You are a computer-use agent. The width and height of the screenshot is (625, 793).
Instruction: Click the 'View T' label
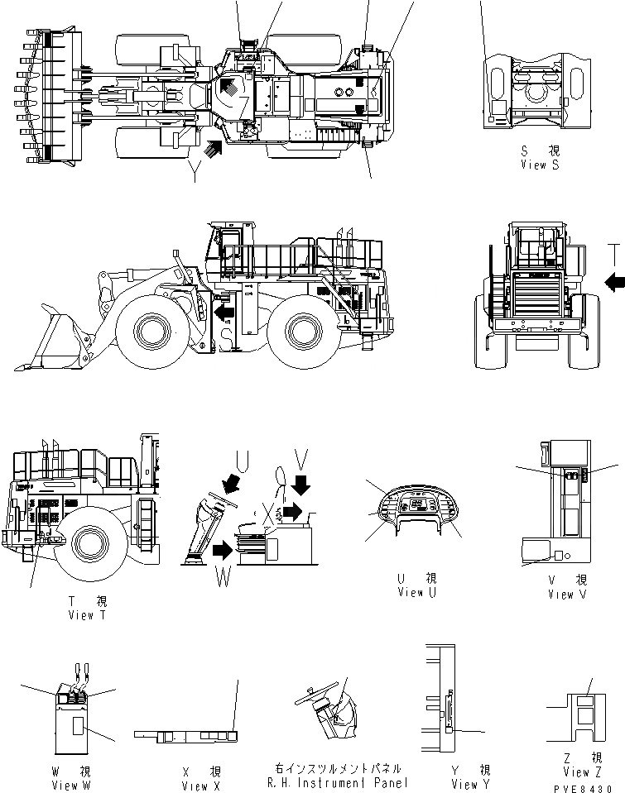pyautogui.click(x=87, y=615)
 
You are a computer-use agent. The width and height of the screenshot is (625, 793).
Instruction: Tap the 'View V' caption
pyautogui.click(x=566, y=594)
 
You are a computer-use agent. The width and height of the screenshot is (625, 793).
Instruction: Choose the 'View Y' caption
pyautogui.click(x=470, y=784)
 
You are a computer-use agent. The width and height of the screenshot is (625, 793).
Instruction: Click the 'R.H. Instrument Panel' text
pyautogui.click(x=338, y=783)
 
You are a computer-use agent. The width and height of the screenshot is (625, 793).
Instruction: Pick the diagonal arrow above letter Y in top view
pyautogui.click(x=213, y=150)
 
